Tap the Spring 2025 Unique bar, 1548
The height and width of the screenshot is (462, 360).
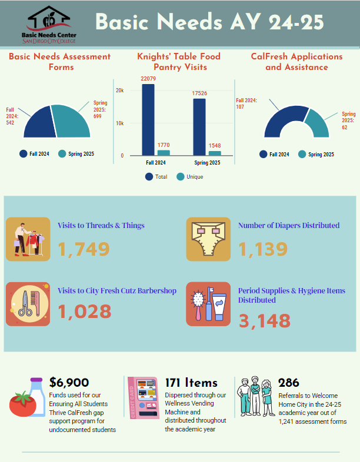[x=214, y=153]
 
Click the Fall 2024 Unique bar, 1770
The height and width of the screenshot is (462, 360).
[x=164, y=153]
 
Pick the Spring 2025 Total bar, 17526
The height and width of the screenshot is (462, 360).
[x=199, y=127]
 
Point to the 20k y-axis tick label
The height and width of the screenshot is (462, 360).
[x=119, y=91]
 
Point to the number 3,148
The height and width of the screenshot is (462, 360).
[x=264, y=321]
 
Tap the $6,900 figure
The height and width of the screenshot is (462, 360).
[x=69, y=383]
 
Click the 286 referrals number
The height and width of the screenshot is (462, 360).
[x=289, y=383]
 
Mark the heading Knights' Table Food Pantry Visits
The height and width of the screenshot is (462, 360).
[x=179, y=62]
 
